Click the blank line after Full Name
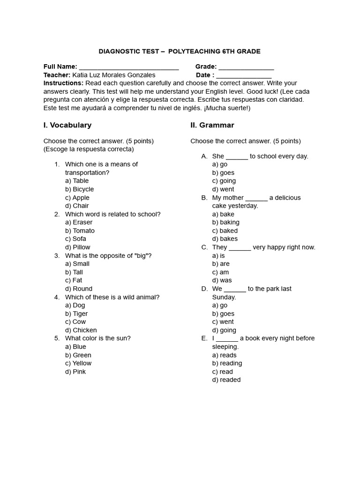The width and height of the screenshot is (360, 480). pyautogui.click(x=129, y=67)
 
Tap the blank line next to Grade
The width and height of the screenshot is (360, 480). pyautogui.click(x=246, y=67)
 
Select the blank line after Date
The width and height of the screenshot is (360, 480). pyautogui.click(x=244, y=75)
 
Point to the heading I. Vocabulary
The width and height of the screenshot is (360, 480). pyautogui.click(x=67, y=125)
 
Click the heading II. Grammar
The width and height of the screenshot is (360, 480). pyautogui.click(x=212, y=125)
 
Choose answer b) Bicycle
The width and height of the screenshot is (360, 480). pyautogui.click(x=80, y=189)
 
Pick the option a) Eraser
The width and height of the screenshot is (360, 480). pyautogui.click(x=79, y=222)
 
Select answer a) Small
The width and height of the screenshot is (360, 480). pyautogui.click(x=77, y=264)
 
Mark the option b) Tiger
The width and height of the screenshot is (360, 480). pyautogui.click(x=76, y=314)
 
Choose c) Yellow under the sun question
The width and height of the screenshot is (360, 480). pyautogui.click(x=78, y=363)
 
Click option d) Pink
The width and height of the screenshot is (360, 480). pyautogui.click(x=75, y=372)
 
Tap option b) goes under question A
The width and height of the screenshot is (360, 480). pyautogui.click(x=223, y=173)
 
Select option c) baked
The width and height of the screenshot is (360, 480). pyautogui.click(x=225, y=231)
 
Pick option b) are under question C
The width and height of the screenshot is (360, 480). pyautogui.click(x=221, y=264)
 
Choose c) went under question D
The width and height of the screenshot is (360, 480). pyautogui.click(x=223, y=322)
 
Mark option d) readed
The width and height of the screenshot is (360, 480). pyautogui.click(x=226, y=380)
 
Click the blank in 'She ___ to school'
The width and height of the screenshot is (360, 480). pyautogui.click(x=237, y=157)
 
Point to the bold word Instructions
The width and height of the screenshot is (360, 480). pyautogui.click(x=63, y=83)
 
